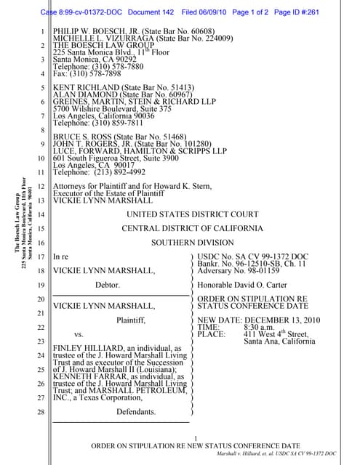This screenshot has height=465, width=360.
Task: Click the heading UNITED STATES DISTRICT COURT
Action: coord(192,214)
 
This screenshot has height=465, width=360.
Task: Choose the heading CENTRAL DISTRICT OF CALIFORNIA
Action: coord(192,228)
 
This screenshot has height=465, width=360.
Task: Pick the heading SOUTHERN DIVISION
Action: coord(192,243)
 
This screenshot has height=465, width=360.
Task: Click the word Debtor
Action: coord(107,285)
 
